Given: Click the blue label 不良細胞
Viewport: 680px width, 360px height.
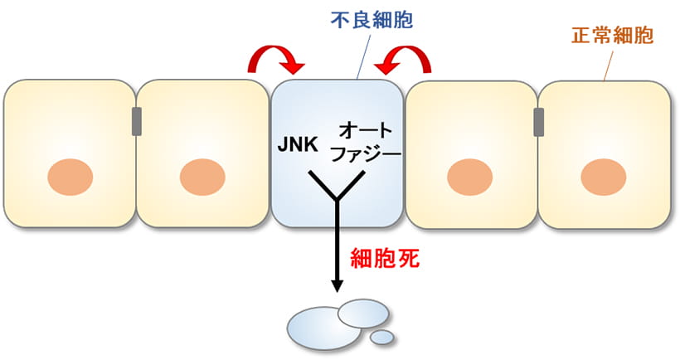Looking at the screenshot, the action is point(372,21).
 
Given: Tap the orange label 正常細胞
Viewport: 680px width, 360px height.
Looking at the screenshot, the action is point(612,36).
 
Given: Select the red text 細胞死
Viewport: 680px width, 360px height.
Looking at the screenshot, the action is point(385,259).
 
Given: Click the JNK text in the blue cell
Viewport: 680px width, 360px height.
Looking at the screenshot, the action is point(298,145).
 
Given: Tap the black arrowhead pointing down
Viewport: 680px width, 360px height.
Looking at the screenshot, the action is point(337,286).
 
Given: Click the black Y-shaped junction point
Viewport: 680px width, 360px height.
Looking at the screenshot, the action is point(337,200).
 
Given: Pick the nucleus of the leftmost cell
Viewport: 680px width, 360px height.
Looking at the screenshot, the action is point(70,177).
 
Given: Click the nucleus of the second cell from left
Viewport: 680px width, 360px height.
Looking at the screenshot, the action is point(202,177).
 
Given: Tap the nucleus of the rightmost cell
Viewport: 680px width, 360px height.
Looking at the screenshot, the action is point(603,177).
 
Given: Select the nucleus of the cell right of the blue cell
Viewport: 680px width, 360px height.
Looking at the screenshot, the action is point(469,177).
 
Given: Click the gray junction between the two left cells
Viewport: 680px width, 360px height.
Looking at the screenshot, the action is point(137,121).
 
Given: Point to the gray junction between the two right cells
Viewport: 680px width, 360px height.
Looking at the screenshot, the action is point(539,122).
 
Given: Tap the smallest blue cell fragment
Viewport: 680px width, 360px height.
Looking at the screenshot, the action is point(382,337).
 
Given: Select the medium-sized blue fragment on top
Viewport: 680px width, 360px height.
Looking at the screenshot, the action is point(363,314).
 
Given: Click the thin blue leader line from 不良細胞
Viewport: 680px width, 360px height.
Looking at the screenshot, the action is point(364,56).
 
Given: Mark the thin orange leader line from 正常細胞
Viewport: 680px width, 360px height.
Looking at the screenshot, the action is point(609,66).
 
